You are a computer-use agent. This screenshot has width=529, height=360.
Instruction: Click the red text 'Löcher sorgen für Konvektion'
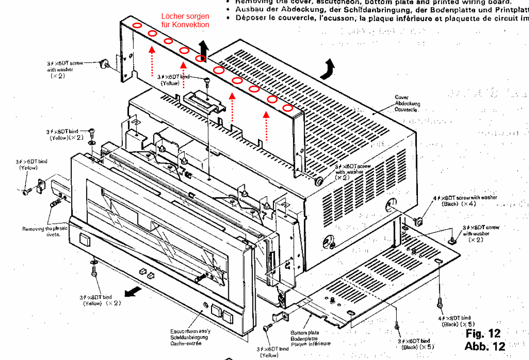(x=185, y=21)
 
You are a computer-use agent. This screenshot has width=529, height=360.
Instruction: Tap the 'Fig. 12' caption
(x=483, y=334)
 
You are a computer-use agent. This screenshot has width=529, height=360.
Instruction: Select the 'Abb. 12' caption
(x=484, y=346)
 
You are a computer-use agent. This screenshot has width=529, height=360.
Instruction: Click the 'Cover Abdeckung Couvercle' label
(x=407, y=103)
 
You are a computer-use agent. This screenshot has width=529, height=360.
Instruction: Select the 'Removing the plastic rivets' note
(x=45, y=231)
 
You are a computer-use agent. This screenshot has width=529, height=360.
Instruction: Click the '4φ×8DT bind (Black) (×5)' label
(x=458, y=321)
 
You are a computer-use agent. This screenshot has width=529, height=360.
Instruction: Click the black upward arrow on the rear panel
(x=203, y=47)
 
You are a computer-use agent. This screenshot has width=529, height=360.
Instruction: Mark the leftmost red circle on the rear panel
(x=137, y=25)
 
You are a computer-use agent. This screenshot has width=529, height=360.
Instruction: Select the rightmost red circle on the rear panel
(x=288, y=108)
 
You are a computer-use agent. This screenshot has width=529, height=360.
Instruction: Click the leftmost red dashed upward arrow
(x=151, y=60)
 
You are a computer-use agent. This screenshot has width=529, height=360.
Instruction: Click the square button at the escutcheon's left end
(x=85, y=240)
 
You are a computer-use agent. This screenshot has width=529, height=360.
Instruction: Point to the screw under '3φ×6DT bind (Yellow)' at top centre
(x=206, y=82)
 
